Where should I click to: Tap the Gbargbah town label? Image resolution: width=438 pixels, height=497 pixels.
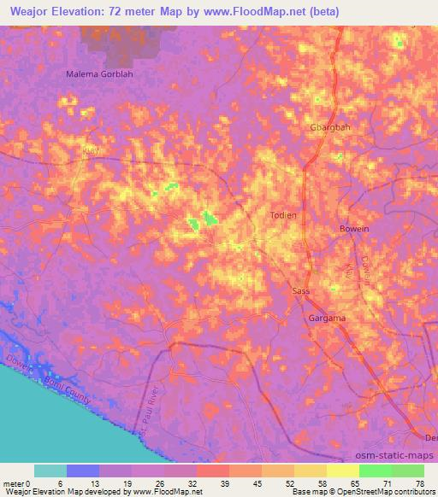(329, 127)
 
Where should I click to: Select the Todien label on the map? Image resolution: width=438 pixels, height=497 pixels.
(283, 215)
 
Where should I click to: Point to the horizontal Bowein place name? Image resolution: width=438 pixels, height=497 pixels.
(354, 229)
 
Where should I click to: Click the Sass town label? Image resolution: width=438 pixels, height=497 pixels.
(301, 291)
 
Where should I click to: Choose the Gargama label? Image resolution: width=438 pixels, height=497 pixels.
(326, 319)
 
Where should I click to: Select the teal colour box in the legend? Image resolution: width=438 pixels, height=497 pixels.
(50, 471)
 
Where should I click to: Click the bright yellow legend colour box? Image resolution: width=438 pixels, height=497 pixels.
(343, 471)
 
